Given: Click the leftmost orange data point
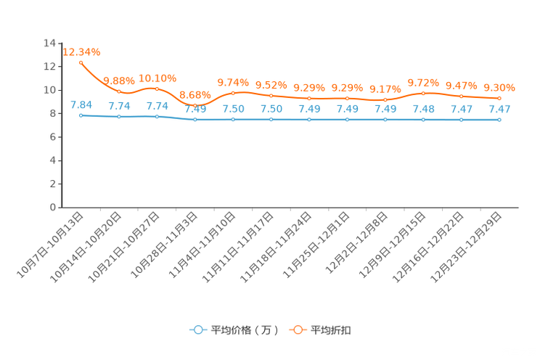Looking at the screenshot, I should (x=81, y=62).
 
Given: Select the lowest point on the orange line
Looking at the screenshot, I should (x=195, y=106).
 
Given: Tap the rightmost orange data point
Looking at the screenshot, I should (x=499, y=98).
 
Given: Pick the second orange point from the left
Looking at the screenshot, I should (x=119, y=92).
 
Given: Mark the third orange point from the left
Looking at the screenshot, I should (x=157, y=89).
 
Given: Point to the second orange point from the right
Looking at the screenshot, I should (x=461, y=97).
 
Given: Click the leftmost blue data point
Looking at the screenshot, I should (x=81, y=115).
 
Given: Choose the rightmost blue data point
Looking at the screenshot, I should (x=499, y=120).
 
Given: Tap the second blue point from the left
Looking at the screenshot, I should (x=119, y=117).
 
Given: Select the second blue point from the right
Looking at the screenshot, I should (x=461, y=120).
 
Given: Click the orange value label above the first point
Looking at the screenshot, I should (x=81, y=52).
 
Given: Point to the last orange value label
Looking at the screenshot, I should (x=499, y=87).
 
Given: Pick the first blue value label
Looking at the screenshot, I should (x=81, y=105).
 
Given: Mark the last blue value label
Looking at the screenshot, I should (x=499, y=109).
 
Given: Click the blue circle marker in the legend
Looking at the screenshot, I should (x=198, y=330).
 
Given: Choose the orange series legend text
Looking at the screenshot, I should (x=332, y=330).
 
